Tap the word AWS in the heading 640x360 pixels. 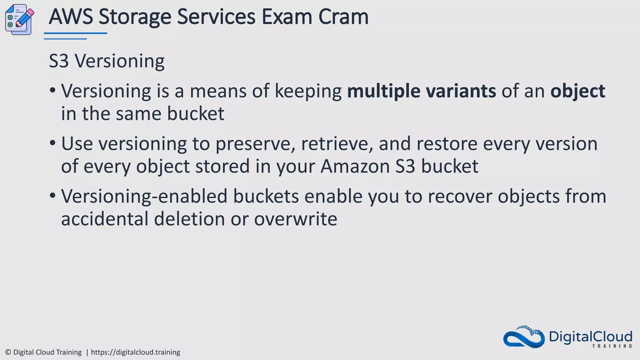71,17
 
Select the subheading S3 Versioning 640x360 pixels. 107,61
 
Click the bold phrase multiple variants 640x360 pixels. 421,91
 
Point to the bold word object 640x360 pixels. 577,92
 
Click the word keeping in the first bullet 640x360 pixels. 308,92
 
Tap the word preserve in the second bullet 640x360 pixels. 255,144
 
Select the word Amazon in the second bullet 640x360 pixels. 355,166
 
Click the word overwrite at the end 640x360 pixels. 295,219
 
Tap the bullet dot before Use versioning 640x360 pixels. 52,143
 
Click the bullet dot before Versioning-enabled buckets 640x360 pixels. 52,196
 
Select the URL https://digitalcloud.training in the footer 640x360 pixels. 135,352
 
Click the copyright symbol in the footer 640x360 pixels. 8,352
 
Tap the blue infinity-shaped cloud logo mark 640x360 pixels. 524,337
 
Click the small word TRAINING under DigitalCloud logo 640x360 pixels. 612,346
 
